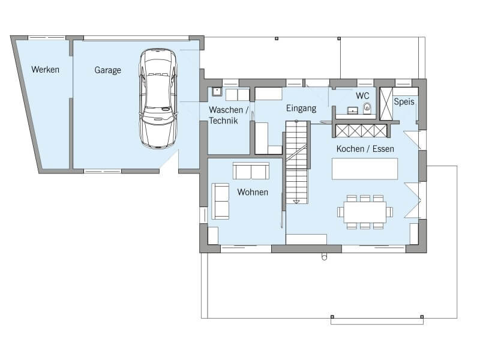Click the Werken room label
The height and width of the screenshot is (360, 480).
tap(46, 70)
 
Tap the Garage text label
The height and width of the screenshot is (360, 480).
tap(108, 70)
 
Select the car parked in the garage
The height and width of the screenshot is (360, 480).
tap(158, 98)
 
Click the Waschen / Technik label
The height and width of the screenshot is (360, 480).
tap(229, 115)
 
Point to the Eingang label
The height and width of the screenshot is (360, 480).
tap(301, 109)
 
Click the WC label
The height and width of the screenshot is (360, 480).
tap(362, 95)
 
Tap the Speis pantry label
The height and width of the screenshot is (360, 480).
tap(404, 101)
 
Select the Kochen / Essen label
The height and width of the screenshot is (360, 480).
tap(365, 149)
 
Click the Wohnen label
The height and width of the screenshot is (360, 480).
tap(253, 192)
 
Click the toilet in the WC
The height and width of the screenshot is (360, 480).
tap(367, 108)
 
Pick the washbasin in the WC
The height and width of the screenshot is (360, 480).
tap(353, 110)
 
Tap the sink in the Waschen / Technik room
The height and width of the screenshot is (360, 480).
tap(217, 92)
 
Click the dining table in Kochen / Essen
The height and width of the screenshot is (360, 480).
tap(365, 212)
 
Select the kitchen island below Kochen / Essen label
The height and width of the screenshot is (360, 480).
tap(365, 169)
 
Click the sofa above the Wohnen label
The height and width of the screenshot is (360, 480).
tap(251, 171)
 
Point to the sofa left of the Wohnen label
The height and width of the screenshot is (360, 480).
tap(220, 201)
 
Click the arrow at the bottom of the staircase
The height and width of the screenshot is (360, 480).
tap(296, 202)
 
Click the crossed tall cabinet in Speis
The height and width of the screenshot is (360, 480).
tap(386, 104)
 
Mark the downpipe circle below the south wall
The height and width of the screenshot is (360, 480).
tap(324, 257)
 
